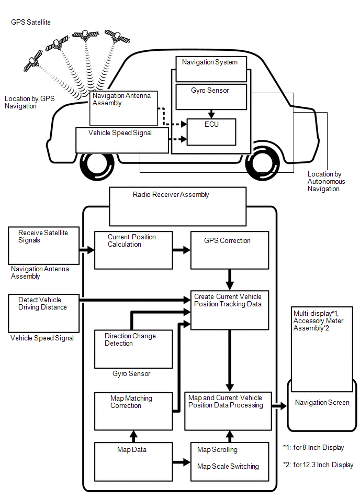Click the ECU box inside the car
click(211, 131)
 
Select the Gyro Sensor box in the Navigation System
click(210, 96)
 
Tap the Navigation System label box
click(209, 63)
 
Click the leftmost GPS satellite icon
click(33, 60)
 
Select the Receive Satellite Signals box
click(43, 245)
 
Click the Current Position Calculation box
click(133, 249)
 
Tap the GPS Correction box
click(229, 249)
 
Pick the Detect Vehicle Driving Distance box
click(43, 313)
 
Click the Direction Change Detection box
click(133, 348)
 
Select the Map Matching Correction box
click(133, 411)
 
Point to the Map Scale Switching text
click(228, 467)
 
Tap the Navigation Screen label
click(322, 403)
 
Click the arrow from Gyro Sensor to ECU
click(211, 114)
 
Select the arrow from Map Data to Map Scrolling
click(181, 462)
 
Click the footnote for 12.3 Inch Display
click(318, 465)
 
